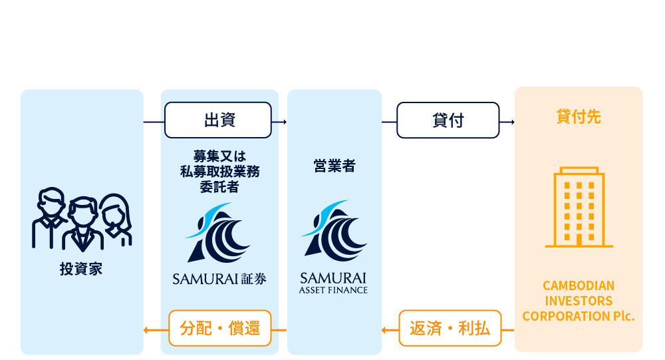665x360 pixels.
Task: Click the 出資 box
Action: coord(218,120)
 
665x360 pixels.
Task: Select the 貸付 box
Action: coord(448,120)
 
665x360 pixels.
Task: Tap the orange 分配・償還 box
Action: coord(219,328)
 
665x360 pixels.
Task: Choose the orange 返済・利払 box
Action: coord(450,328)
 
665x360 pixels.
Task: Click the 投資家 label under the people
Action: coord(81,270)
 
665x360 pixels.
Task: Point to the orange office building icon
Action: coord(579,208)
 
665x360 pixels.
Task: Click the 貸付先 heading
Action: coord(578,117)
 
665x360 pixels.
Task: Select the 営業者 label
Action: coord(334,166)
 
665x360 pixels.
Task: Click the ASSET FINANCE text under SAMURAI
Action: coord(333,290)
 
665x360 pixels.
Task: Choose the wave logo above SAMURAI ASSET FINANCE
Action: coord(334,230)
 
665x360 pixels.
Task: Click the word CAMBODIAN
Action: coord(578,285)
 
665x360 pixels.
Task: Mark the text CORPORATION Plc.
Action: coord(578,316)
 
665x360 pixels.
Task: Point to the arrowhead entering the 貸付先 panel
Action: coord(511,122)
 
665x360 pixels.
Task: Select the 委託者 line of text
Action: coord(219,187)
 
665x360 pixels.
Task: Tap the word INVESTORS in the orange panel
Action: coord(578,301)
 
